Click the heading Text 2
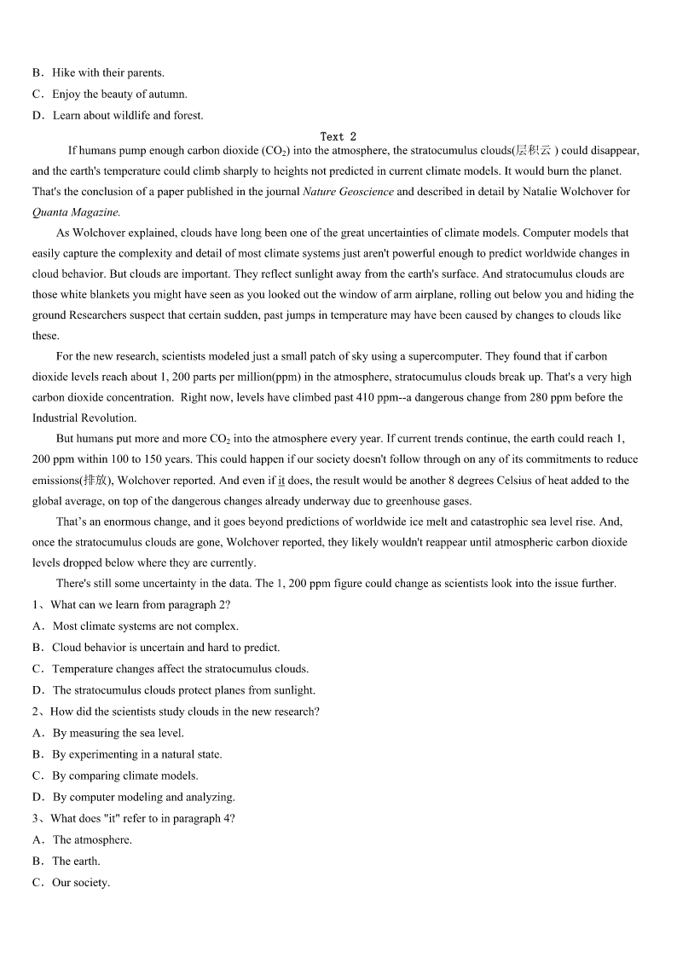[x=338, y=136]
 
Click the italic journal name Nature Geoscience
[x=348, y=192]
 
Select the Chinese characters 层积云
[x=534, y=151]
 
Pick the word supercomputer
[x=436, y=356]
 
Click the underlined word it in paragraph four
[x=281, y=481]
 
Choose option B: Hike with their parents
[x=98, y=72]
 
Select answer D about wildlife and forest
[x=118, y=115]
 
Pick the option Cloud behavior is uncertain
[x=156, y=648]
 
